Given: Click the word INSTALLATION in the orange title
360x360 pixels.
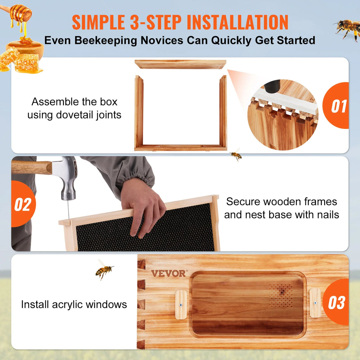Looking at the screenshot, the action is point(237,22).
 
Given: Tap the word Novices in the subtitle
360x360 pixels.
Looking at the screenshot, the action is point(162,40).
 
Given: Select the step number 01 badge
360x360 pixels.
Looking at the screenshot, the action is point(336,105).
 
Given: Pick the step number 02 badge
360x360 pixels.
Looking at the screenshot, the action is point(24,204).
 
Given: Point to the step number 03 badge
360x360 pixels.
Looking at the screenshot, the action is point(336,302).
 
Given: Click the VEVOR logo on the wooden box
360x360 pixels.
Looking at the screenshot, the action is point(169,274).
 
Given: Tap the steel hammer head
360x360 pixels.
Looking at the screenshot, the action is point(66,177).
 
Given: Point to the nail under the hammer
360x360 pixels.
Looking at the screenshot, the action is point(68,210).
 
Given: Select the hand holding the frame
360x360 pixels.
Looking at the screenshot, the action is point(143,207).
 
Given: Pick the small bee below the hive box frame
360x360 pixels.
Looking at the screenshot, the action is point(236,155).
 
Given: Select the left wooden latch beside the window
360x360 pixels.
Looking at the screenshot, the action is point(181,305).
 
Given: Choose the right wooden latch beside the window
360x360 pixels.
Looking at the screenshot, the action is point(315,303).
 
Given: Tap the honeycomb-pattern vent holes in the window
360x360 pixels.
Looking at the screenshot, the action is point(281,295).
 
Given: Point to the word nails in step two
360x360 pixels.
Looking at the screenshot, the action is point(328,215).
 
